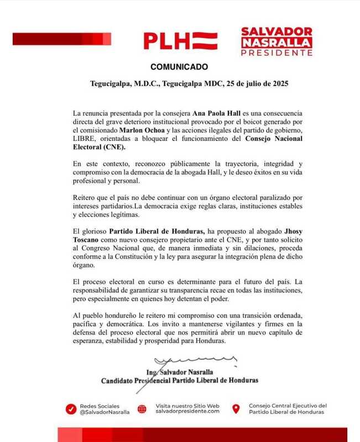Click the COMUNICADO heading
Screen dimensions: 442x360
click(179, 67)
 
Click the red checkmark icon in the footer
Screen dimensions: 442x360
click(70, 409)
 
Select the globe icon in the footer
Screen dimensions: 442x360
click(142, 409)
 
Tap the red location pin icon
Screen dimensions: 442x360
click(236, 409)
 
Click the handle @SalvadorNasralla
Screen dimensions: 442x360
click(105, 412)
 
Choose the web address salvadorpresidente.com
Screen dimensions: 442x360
click(187, 412)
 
